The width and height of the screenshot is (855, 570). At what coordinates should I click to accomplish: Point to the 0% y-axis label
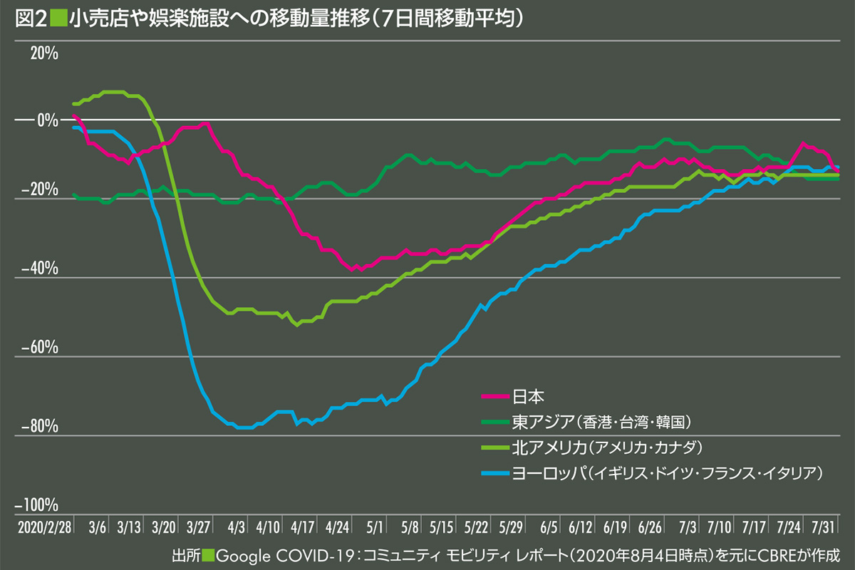(x=48, y=120)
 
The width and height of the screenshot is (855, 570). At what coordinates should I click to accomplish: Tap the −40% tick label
(x=39, y=269)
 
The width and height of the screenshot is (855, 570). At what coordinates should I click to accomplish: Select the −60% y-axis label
(x=39, y=349)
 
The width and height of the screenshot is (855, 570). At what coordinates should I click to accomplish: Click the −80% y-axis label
(x=39, y=427)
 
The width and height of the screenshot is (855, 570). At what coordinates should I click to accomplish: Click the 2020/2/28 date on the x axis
(x=42, y=527)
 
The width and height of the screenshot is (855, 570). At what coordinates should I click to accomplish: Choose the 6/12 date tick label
(x=581, y=527)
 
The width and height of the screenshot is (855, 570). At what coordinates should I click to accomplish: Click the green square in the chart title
(x=58, y=19)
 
